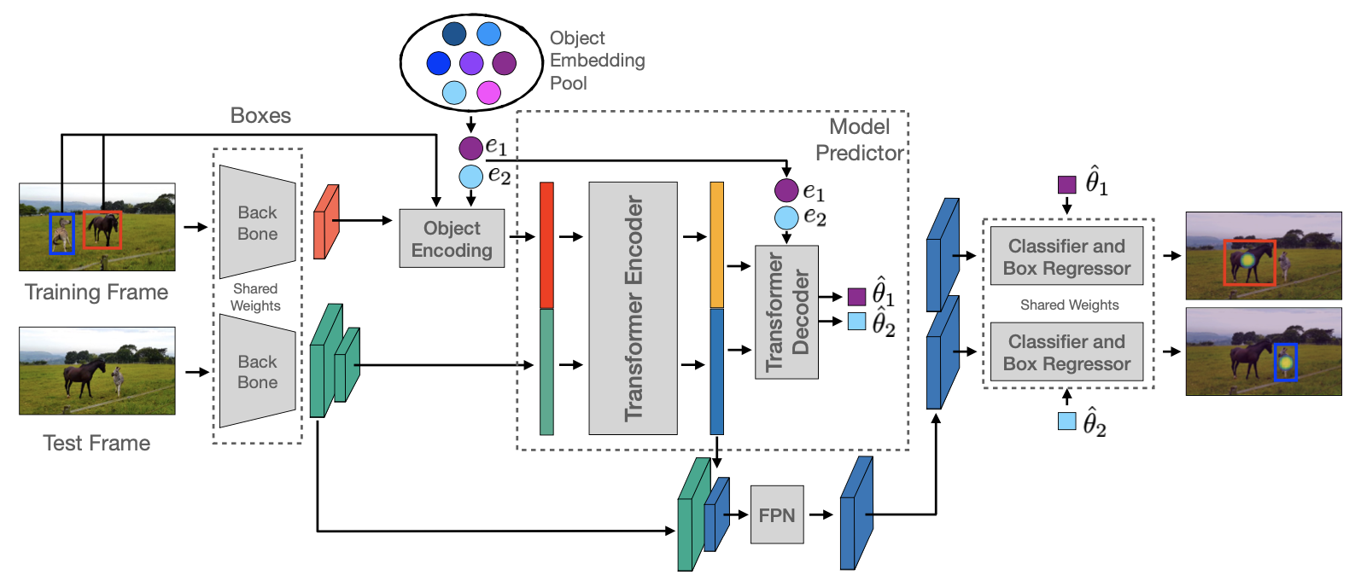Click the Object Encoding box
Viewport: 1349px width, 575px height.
coord(452,239)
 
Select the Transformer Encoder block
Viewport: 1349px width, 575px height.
coord(633,308)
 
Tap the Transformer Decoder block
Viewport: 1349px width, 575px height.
coord(786,312)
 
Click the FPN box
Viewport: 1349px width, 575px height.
coord(776,514)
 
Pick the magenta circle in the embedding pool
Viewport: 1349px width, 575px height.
coord(488,92)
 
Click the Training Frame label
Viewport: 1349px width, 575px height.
coord(96,293)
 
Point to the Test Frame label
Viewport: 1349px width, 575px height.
coord(96,443)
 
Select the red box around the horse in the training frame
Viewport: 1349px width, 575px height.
coord(102,230)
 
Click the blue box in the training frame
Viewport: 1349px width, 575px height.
coord(61,234)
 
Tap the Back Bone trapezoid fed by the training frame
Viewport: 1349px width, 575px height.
coord(257,223)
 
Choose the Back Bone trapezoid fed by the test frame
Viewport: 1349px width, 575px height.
coord(257,371)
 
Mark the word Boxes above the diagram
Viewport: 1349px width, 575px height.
coord(260,116)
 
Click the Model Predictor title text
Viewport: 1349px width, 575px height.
coord(859,140)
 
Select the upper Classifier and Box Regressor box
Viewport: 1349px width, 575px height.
coord(1066,257)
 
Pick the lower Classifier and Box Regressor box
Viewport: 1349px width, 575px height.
coord(1066,352)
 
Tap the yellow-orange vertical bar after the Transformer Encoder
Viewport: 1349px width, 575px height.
coord(717,245)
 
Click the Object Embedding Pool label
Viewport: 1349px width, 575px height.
coord(597,61)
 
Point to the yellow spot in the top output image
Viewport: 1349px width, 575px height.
coord(1247,258)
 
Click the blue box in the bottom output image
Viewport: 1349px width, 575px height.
coord(1285,363)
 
